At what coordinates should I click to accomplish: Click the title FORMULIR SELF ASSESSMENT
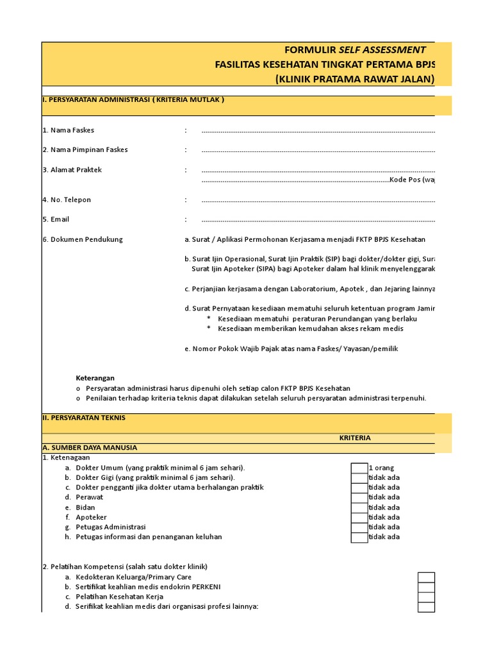coord(355,50)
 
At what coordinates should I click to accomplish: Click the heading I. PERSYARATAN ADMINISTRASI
coord(133,100)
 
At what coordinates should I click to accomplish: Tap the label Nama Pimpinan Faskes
coord(85,149)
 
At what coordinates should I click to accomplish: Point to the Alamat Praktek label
coord(72,170)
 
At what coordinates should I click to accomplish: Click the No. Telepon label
coord(67,200)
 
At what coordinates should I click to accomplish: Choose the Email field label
coord(56,219)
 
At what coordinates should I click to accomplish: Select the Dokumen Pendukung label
coord(82,239)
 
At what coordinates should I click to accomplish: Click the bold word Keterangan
coord(95,378)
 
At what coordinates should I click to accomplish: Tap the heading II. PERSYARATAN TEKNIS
coord(84,418)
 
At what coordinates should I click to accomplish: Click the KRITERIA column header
coord(354,438)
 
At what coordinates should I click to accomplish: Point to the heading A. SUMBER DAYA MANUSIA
coord(90,447)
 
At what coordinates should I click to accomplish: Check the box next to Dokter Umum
coord(359,468)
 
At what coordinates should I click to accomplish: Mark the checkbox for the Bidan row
coord(359,507)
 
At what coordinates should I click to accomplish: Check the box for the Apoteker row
coord(359,517)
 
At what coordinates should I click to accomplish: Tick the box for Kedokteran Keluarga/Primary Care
coord(426,577)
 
